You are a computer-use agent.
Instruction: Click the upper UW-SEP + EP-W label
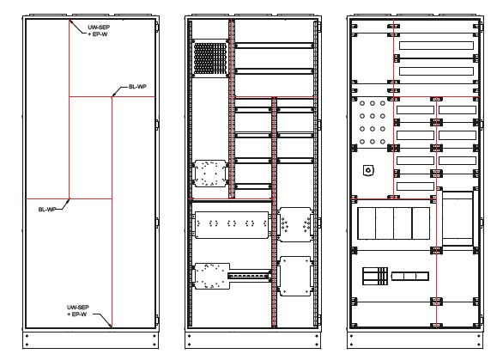click(x=99, y=31)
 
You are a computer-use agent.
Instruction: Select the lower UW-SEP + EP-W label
click(x=77, y=310)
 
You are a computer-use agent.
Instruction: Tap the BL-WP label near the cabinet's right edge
click(x=137, y=87)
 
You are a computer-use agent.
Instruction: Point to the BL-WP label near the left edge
click(x=47, y=210)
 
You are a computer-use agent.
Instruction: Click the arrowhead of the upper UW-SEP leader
click(x=70, y=21)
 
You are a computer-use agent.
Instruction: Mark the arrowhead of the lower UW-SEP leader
click(x=110, y=325)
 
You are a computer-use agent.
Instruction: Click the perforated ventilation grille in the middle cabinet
click(x=210, y=58)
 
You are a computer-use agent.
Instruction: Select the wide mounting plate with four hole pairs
click(x=231, y=224)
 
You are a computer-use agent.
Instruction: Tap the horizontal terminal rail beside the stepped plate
click(x=249, y=276)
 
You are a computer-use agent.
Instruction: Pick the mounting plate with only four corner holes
click(x=295, y=276)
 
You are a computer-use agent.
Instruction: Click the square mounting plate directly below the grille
click(x=210, y=174)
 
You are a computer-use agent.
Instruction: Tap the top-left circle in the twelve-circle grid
click(x=362, y=103)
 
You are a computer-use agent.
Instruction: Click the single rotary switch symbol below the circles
click(x=368, y=170)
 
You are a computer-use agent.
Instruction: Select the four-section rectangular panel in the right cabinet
click(x=394, y=223)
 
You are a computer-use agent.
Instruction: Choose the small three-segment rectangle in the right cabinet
click(x=410, y=276)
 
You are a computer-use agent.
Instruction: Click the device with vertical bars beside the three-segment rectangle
click(x=375, y=276)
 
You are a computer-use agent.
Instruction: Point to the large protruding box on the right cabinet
click(x=458, y=218)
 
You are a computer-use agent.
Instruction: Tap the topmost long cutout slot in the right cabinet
click(x=436, y=46)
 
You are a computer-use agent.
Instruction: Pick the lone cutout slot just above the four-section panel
click(x=415, y=186)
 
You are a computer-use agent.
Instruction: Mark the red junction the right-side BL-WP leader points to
click(x=112, y=97)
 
